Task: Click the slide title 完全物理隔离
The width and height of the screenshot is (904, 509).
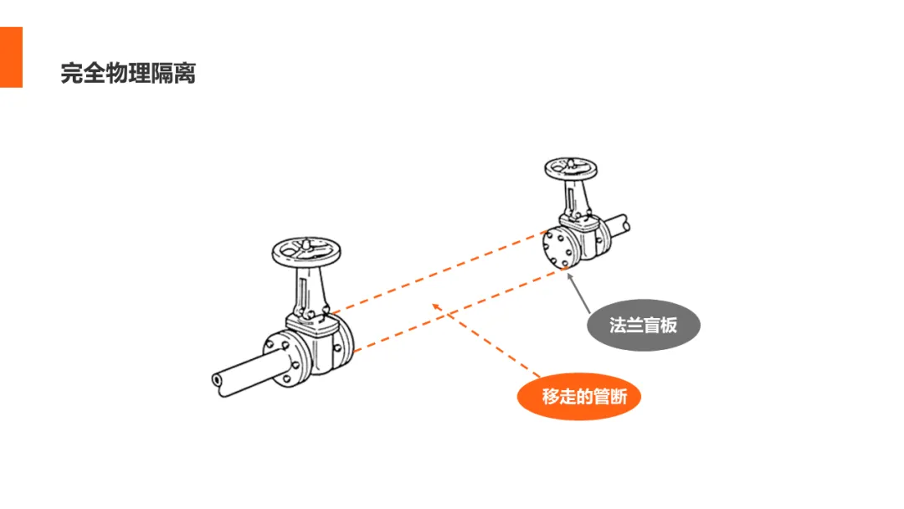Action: point(128,73)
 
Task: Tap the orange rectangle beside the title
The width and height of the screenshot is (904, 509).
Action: point(11,57)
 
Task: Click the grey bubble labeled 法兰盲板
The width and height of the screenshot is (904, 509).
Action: point(644,325)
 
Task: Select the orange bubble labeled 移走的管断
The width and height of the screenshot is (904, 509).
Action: point(579,397)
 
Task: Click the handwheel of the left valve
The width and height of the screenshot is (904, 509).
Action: point(306,252)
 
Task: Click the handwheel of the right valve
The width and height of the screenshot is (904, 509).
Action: point(571,168)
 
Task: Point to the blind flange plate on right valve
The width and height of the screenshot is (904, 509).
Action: point(558,249)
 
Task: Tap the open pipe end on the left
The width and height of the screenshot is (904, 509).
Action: point(217,380)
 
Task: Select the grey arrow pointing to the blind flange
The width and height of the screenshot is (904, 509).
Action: point(579,293)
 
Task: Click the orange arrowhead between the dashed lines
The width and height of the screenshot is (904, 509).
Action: point(436,306)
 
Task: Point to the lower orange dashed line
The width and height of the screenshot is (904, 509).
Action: point(459,311)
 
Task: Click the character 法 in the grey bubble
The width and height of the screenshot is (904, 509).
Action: point(618,325)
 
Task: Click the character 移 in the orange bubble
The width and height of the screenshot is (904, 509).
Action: point(551,397)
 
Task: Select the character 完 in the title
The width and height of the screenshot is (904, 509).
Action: point(72,73)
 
